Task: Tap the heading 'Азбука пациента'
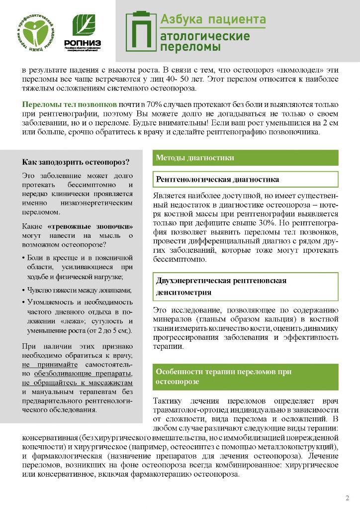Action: click(213, 20)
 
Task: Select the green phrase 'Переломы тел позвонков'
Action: click(70, 105)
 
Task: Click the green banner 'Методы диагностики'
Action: click(246, 158)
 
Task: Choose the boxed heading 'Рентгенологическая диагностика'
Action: click(246, 179)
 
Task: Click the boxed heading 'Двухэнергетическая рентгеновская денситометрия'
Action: click(246, 286)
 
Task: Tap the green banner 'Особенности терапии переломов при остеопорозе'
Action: click(246, 377)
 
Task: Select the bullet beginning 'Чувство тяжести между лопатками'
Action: click(79, 290)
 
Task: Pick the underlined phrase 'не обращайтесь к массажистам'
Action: click(78, 383)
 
